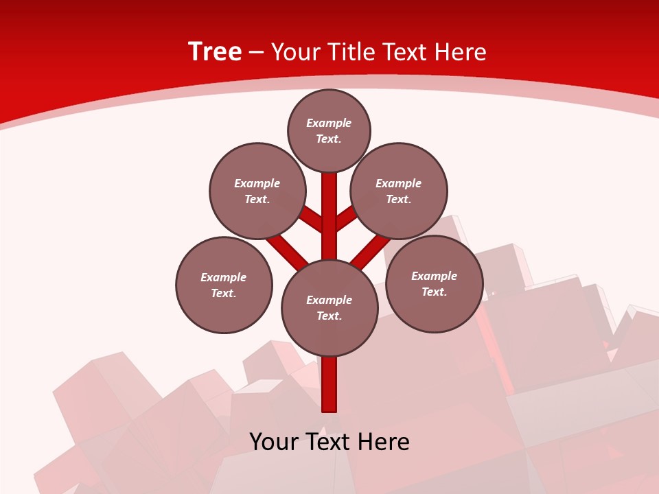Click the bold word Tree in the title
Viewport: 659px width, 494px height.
coord(215,51)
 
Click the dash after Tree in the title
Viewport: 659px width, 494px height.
coord(256,52)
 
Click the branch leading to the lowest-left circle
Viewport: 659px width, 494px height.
coord(287,251)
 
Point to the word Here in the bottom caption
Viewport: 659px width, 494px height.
coord(384,441)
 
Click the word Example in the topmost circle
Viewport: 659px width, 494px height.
coord(329,123)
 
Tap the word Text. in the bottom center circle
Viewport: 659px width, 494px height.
coord(329,316)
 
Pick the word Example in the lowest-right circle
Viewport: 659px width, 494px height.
coord(434,276)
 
